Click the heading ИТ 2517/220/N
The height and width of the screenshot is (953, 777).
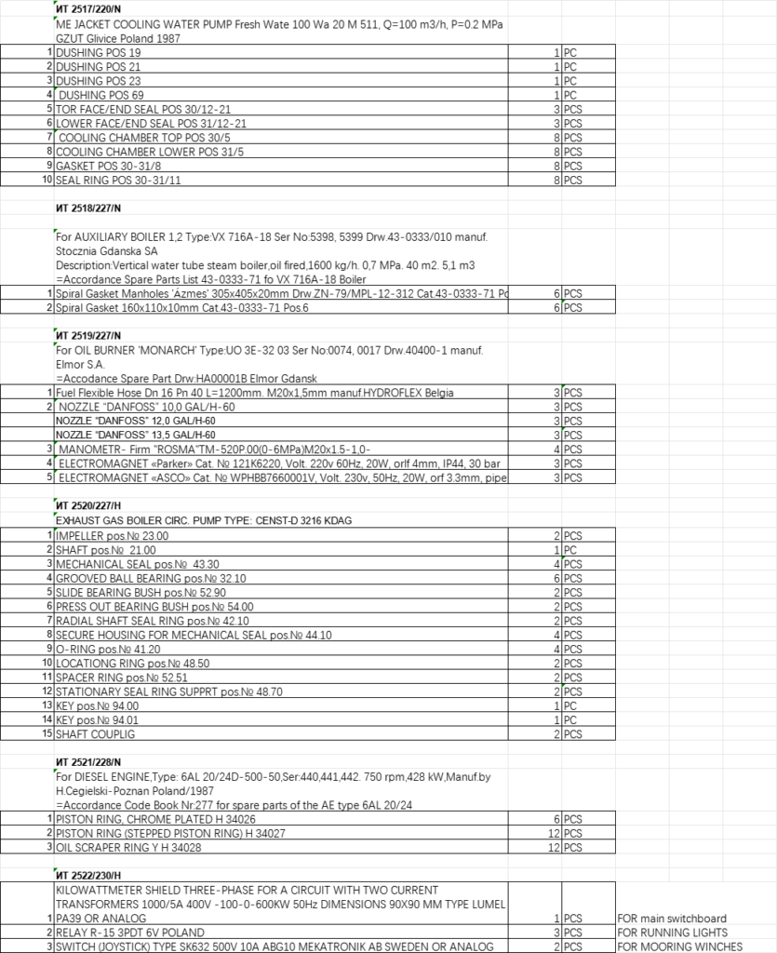[88, 9]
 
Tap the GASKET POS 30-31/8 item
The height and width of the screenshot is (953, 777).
[110, 165]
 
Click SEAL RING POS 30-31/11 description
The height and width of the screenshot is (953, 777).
[118, 179]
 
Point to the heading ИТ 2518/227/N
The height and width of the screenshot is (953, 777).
[88, 208]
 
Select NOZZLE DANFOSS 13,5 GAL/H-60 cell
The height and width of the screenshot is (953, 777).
[136, 435]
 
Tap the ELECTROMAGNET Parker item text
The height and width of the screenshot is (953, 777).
[279, 463]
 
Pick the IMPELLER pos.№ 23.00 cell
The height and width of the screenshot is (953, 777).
[113, 536]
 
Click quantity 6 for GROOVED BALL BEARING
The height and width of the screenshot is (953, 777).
[556, 578]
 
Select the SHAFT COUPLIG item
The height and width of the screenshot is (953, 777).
[96, 734]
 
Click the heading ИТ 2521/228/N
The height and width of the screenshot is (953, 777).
[88, 762]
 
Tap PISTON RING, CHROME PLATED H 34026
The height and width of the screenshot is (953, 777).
[155, 819]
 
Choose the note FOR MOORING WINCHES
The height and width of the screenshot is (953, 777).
[679, 946]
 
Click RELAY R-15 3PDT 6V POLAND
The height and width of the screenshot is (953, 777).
[130, 933]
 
